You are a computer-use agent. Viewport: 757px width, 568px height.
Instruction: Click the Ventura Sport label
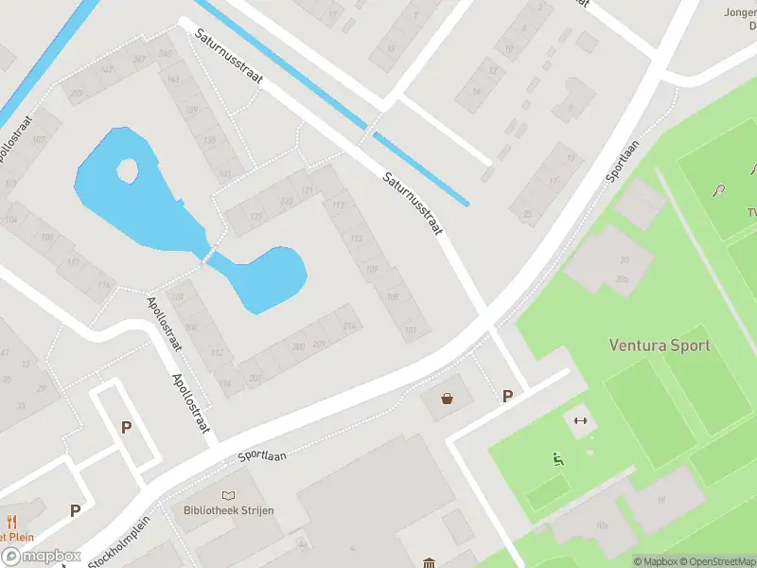659,346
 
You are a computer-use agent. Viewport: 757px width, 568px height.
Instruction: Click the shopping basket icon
447,399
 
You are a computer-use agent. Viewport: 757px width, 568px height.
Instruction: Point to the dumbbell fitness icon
580,420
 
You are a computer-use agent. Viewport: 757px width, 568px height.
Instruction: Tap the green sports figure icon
557,460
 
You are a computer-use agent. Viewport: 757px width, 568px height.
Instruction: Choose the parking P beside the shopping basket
507,397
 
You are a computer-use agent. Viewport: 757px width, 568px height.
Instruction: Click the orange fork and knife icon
12,522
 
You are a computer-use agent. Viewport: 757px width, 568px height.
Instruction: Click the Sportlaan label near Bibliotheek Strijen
262,457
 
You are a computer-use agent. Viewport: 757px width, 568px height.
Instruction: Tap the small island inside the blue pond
127,170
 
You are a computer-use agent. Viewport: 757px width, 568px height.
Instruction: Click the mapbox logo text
40,557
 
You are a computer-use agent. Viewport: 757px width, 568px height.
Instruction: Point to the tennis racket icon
720,189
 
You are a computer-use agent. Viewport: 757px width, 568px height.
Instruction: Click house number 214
350,327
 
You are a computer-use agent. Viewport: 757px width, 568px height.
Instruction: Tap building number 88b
622,278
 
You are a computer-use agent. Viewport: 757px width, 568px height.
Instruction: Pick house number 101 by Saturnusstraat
410,330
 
